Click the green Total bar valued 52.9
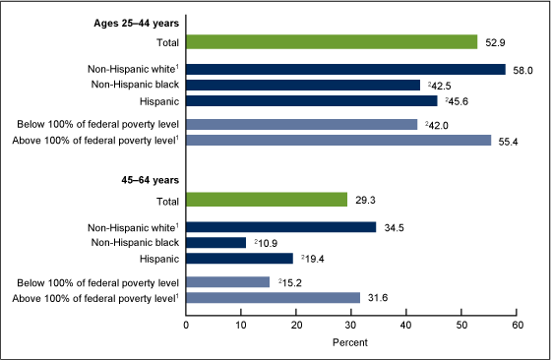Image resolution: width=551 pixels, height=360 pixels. pos(332,42)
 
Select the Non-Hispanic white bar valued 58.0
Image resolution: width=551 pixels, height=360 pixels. pos(345,70)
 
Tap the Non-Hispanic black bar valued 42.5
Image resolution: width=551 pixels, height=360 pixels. pos(303,86)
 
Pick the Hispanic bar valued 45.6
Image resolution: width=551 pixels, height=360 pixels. pos(312,100)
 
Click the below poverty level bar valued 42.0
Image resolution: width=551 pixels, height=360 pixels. pos(301,125)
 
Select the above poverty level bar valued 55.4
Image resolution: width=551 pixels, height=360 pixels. pos(338,141)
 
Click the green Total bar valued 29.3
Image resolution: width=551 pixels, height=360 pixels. pos(267,200)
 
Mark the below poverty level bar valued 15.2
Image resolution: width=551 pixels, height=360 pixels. pos(227,282)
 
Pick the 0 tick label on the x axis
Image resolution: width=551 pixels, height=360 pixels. pos(186,324)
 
